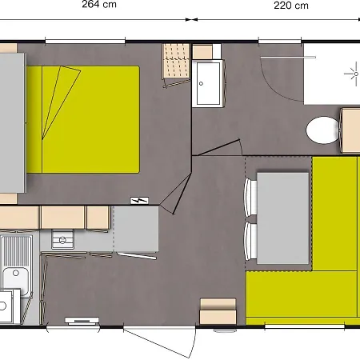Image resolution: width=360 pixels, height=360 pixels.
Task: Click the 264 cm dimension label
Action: (99, 4)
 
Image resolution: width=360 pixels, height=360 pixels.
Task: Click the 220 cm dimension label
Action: (291, 6)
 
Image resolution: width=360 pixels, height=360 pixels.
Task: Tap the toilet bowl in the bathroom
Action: (323, 130)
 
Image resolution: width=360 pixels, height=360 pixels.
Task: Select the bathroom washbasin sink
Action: (208, 83)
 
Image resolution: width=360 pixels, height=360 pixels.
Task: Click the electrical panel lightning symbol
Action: (139, 200)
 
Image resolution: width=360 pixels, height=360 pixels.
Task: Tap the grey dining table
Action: (282, 218)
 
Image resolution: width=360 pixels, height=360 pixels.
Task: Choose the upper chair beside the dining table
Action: (250, 198)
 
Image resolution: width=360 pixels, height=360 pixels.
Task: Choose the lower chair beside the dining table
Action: (250, 242)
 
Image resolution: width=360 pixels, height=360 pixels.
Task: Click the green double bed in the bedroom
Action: (83, 119)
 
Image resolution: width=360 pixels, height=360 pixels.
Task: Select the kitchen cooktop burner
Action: (62, 239)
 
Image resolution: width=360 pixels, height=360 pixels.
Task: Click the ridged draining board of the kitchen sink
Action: (17, 250)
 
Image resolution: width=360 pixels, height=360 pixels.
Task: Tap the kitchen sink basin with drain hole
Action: (16, 278)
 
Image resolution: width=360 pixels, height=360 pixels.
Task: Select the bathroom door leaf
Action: (216, 147)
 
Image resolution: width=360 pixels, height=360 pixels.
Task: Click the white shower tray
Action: (332, 74)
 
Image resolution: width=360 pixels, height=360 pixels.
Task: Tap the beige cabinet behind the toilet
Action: (350, 130)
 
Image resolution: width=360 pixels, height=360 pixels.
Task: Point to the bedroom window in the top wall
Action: (85, 41)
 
